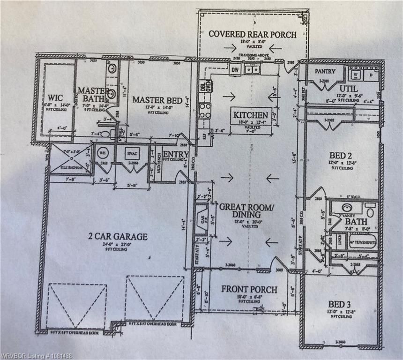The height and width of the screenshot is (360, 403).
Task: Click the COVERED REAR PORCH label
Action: coord(252,34)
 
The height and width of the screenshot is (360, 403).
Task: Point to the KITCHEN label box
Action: coord(251,115)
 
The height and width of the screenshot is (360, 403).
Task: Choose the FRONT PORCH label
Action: coord(249,289)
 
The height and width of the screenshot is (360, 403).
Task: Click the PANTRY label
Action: coord(325,71)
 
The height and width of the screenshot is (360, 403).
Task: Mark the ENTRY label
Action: coord(176,154)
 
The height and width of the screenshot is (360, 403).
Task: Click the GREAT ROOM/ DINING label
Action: coord(246,210)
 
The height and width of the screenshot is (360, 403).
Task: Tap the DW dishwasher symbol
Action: coord(235,71)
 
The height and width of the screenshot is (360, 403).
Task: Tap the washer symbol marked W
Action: coord(356,74)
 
